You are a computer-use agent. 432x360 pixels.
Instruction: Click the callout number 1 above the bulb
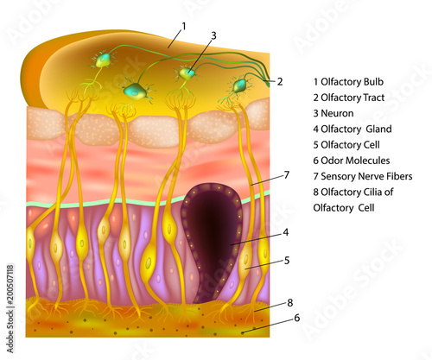184,27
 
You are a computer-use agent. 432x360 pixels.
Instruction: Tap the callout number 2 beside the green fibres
280,82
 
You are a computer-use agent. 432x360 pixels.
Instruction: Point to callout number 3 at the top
213,35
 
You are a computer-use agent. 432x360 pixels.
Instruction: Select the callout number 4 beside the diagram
285,232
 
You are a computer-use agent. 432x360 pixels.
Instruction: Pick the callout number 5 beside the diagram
287,261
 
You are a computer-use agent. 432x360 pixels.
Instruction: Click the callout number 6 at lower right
296,318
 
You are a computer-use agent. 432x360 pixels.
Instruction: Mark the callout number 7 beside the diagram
286,175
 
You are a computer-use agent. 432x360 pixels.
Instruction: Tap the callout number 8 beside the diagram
290,303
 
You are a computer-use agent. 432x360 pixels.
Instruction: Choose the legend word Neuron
337,113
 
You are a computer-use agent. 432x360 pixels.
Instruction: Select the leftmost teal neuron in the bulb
103,60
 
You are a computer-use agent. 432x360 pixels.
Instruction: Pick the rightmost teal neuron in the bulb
239,85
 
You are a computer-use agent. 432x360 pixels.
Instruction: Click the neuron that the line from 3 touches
187,73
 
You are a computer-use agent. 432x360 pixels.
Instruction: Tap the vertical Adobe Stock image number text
10,308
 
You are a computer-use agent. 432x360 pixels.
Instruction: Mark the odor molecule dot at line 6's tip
243,333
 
